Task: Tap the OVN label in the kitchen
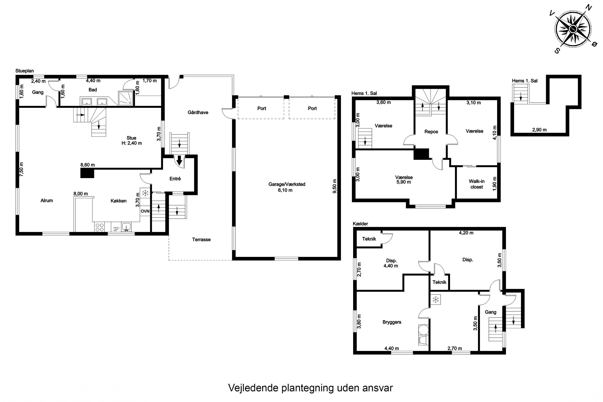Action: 145,211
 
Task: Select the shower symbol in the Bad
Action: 126,98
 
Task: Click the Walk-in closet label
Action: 477,184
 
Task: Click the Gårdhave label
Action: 198,112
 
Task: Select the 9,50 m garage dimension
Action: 335,186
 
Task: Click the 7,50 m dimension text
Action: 21,169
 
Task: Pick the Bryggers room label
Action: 392,322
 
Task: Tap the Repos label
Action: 431,132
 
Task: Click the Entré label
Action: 175,179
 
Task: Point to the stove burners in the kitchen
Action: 99,227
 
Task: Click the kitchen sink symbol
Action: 126,227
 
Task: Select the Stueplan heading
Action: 25,71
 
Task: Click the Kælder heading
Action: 360,224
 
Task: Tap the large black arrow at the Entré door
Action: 179,160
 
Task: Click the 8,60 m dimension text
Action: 88,165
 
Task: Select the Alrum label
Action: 47,200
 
